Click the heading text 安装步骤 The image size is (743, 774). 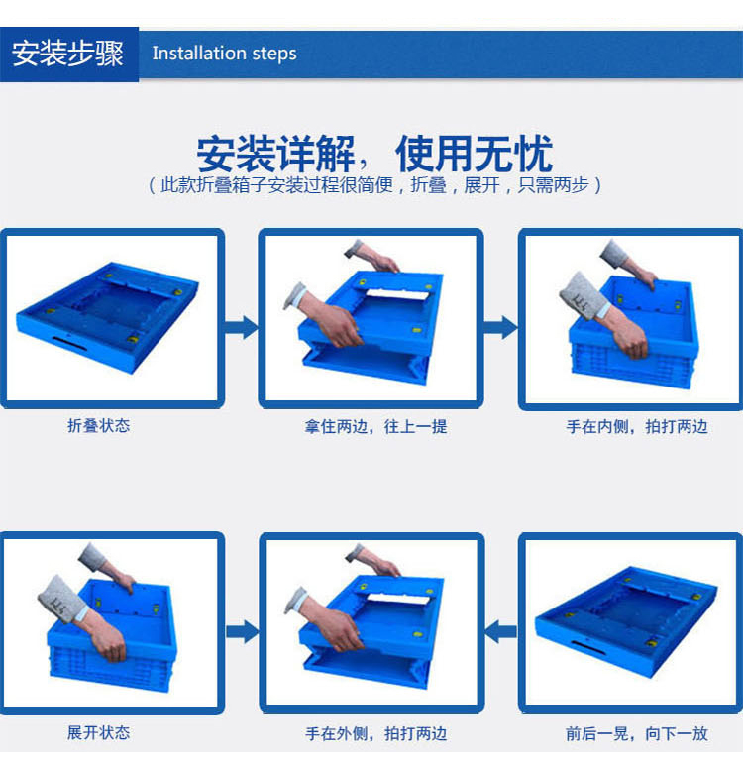(67, 54)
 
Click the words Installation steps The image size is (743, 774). (225, 54)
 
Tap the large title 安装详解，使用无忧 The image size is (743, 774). (374, 154)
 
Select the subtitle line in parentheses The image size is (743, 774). (374, 185)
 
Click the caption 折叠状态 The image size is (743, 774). (99, 425)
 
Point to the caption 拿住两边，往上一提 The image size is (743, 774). (375, 426)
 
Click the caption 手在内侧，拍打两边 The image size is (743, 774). (637, 426)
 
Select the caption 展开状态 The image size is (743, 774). (99, 732)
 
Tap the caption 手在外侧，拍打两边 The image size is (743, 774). (375, 733)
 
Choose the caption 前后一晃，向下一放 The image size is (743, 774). (637, 733)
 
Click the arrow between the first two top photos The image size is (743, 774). (242, 327)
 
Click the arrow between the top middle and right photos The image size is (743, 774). (500, 327)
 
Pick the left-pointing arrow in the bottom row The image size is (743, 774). (500, 631)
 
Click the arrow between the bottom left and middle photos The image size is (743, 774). (243, 631)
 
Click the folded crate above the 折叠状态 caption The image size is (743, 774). (108, 317)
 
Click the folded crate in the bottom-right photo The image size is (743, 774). (626, 621)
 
